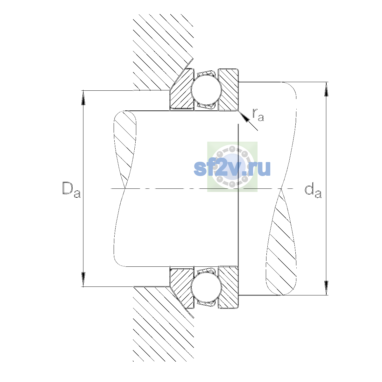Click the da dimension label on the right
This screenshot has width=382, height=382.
click(313, 192)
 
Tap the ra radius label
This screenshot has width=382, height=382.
click(258, 115)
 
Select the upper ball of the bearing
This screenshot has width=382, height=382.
click(206, 90)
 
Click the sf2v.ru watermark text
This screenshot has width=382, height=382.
click(232, 168)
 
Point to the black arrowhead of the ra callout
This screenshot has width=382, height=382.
click(244, 117)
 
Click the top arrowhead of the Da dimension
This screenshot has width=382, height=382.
click(83, 97)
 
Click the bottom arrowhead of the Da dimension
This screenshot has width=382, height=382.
click(83, 279)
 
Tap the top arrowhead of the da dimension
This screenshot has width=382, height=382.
click(326, 89)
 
